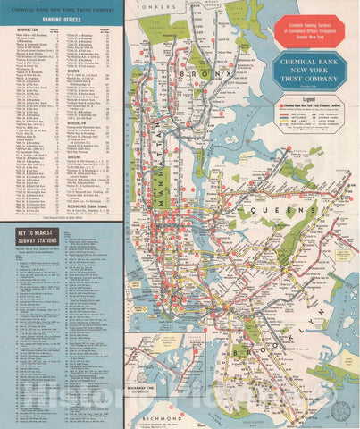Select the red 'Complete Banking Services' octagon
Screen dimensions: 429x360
click(x=308, y=31)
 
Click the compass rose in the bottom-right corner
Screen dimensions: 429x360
click(x=340, y=409)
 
